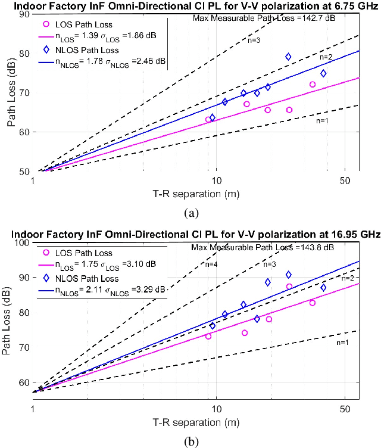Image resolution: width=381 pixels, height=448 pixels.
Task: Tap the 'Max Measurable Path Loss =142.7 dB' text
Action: coord(264,18)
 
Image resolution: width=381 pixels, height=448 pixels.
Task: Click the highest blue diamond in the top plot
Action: coord(288,57)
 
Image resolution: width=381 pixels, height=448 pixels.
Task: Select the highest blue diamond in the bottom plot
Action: coord(289,275)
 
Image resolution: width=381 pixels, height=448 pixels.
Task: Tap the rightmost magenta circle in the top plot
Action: coord(313,85)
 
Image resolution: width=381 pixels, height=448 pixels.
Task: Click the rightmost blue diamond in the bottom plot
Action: coord(323,288)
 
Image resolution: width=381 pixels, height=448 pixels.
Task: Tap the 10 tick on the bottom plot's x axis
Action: coord(216,409)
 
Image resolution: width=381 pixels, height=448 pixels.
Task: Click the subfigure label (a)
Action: coord(192,211)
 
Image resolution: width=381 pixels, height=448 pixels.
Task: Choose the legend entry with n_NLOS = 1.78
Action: coord(101,61)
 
